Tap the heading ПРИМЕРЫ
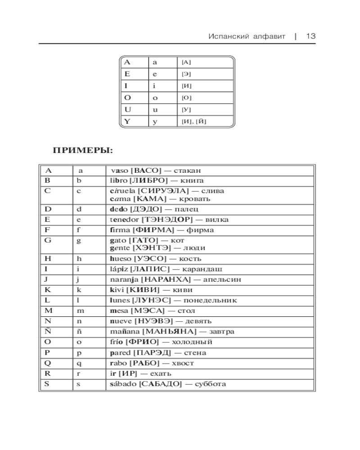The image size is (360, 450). click(83, 150)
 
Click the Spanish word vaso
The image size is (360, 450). click(119, 171)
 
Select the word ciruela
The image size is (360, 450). click(122, 191)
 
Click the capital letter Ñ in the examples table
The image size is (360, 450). click(47, 331)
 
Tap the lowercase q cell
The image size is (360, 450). click(79, 363)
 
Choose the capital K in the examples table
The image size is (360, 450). click(47, 290)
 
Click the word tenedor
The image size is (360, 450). click(124, 220)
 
